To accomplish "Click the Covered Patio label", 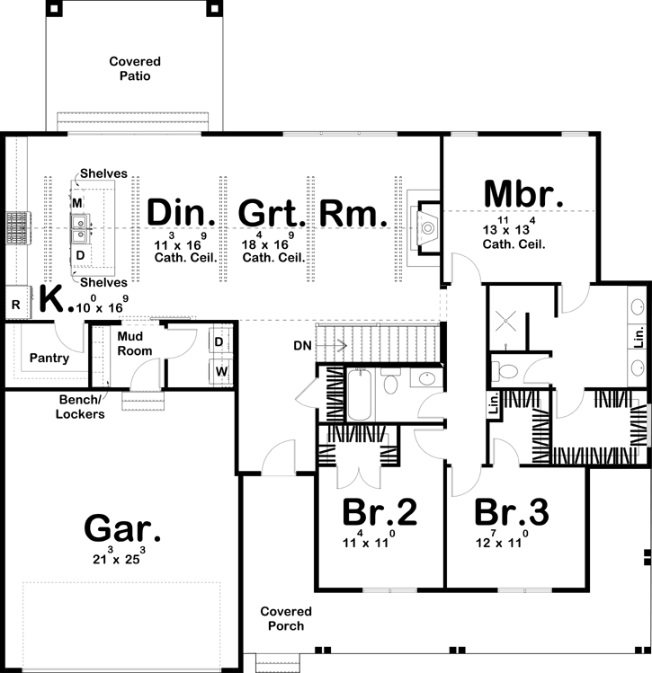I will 136,69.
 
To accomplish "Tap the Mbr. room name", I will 524,195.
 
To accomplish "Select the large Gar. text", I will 122,528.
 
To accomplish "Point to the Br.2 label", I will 380,512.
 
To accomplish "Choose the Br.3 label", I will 512,512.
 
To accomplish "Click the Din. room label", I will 182,214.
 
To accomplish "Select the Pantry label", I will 49,358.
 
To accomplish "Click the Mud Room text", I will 134,344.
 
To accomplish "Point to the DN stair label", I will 303,344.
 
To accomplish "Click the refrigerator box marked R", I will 16,305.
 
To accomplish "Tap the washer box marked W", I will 219,370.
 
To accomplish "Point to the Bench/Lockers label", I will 81,407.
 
